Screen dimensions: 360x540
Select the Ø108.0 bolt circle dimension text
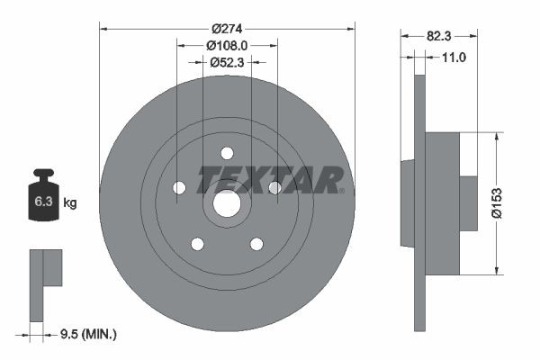pos(226,45)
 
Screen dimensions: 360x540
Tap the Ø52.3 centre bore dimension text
pos(226,63)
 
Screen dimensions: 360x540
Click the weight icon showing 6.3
pos(42,198)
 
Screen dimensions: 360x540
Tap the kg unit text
pos(69,203)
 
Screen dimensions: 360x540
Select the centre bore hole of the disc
pos(226,204)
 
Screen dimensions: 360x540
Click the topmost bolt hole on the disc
pos(227,153)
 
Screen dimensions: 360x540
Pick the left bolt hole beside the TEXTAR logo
pos(178,187)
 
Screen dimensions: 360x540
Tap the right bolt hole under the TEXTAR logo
pos(274,187)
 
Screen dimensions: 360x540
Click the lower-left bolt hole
pos(197,244)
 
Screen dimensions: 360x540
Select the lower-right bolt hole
pos(256,244)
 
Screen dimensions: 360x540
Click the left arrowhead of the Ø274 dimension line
pos(103,28)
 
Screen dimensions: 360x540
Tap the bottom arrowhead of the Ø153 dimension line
pos(496,270)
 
